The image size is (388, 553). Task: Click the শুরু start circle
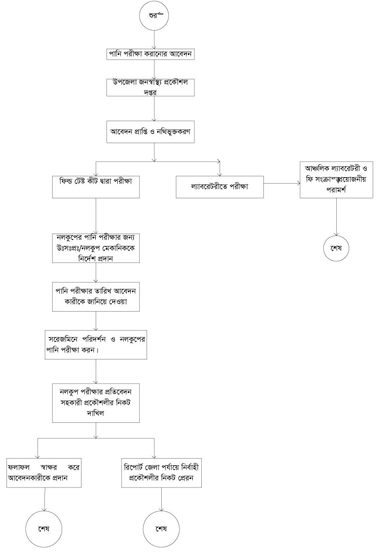click(154, 16)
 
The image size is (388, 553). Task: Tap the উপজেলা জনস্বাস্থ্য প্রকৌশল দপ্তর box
click(151, 87)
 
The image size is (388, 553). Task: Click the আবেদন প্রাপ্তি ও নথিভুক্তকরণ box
click(151, 132)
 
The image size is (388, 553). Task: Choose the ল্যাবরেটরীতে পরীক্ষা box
click(220, 187)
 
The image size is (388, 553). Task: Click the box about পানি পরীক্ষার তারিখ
click(96, 297)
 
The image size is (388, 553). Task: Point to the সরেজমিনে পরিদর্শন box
click(96, 344)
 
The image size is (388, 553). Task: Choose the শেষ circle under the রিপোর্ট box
click(161, 529)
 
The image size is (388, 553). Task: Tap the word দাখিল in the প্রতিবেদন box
click(96, 412)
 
